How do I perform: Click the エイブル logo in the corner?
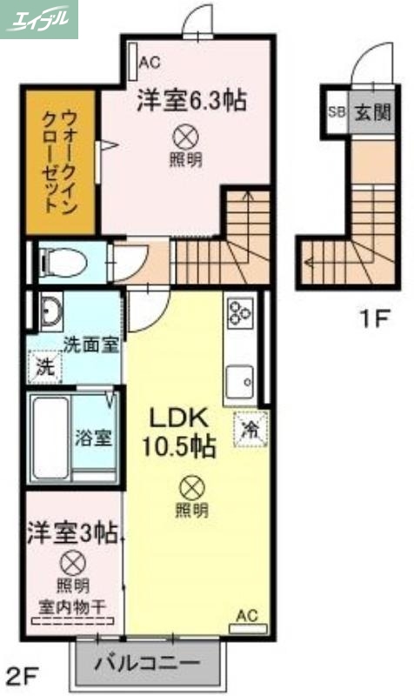point(39,18)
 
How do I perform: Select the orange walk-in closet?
point(60,161)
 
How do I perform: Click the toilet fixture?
point(66,259)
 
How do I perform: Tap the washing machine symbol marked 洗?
point(43,366)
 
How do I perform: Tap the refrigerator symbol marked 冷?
point(250,429)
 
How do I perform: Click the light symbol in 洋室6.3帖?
point(184,136)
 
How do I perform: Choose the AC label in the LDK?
point(248,616)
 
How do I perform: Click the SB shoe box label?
point(336,111)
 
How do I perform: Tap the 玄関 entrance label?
point(371,111)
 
